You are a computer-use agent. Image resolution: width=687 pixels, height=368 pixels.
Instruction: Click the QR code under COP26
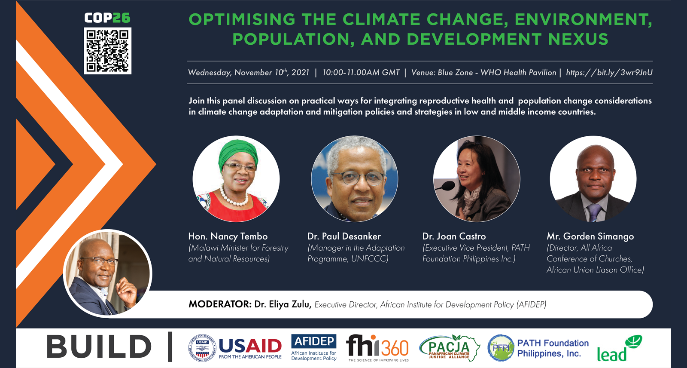(108, 51)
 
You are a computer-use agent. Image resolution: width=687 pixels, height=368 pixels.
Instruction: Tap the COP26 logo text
(107, 18)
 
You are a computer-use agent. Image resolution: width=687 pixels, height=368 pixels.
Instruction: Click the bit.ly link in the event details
(609, 73)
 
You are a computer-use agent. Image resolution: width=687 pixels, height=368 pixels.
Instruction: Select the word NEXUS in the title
(578, 39)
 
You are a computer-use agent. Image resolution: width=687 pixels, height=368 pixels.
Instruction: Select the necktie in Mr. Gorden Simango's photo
(594, 212)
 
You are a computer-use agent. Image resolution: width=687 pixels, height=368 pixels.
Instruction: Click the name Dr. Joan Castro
(454, 236)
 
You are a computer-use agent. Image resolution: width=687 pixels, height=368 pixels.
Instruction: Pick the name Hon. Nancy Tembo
(228, 236)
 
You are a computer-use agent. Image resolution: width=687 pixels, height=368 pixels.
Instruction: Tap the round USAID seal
(202, 348)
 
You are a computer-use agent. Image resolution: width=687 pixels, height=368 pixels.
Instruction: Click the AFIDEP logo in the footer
(314, 347)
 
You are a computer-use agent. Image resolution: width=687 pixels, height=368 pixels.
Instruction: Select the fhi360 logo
(378, 348)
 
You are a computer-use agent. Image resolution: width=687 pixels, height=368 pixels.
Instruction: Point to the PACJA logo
(450, 348)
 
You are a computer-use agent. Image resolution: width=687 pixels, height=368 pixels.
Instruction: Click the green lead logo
(619, 349)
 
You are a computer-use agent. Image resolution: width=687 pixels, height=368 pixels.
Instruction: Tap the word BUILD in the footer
(99, 347)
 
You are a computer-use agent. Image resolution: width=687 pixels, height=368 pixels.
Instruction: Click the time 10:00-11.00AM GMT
(361, 73)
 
